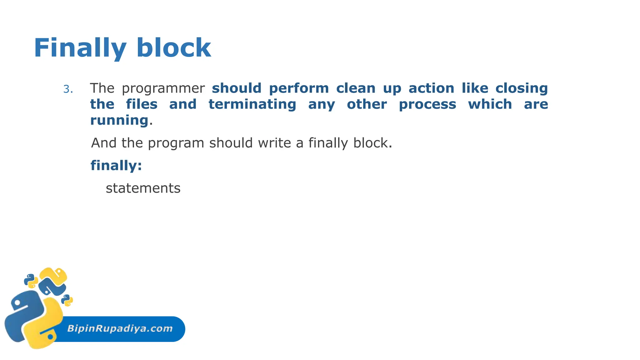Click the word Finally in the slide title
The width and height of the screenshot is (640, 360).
[x=80, y=48]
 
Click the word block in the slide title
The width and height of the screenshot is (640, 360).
[x=174, y=48]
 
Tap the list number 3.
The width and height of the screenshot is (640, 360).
[x=68, y=89]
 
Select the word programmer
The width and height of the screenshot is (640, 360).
[x=163, y=88]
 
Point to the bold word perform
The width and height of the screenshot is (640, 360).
[x=299, y=88]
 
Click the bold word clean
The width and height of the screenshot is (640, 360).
[x=356, y=88]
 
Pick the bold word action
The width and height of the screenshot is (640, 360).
[x=431, y=88]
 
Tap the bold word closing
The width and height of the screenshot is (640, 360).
[x=522, y=88]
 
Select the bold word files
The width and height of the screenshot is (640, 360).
[x=142, y=104]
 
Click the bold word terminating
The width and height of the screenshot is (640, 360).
[x=252, y=104]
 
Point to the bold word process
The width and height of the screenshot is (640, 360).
[x=427, y=104]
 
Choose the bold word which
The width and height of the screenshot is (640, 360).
[x=490, y=104]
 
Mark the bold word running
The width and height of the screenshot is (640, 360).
[x=119, y=120]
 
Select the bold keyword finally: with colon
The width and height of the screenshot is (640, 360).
[x=116, y=165]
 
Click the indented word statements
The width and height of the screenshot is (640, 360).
[x=143, y=188]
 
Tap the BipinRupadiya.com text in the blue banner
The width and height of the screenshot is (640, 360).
[x=120, y=328]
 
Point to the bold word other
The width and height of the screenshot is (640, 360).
[x=367, y=104]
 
